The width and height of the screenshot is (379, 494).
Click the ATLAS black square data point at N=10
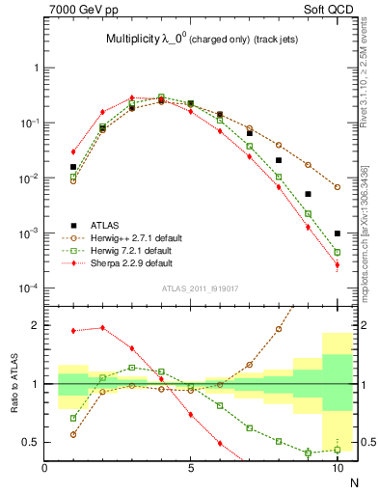[x=338, y=233]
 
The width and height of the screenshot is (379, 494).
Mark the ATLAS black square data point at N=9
[x=308, y=194]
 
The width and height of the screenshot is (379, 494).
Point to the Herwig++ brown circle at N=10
[x=338, y=186]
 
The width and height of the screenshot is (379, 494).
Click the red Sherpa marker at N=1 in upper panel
[x=73, y=151]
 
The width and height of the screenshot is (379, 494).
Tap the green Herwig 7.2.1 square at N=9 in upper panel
[x=308, y=213]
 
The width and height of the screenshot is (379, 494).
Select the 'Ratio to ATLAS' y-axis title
[x=14, y=383]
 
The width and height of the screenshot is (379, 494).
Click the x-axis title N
[x=353, y=482]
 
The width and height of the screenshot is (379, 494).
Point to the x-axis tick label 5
[x=191, y=468]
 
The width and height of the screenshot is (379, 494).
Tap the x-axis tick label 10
[x=337, y=468]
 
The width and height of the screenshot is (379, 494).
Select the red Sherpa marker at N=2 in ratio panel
[x=102, y=328]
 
